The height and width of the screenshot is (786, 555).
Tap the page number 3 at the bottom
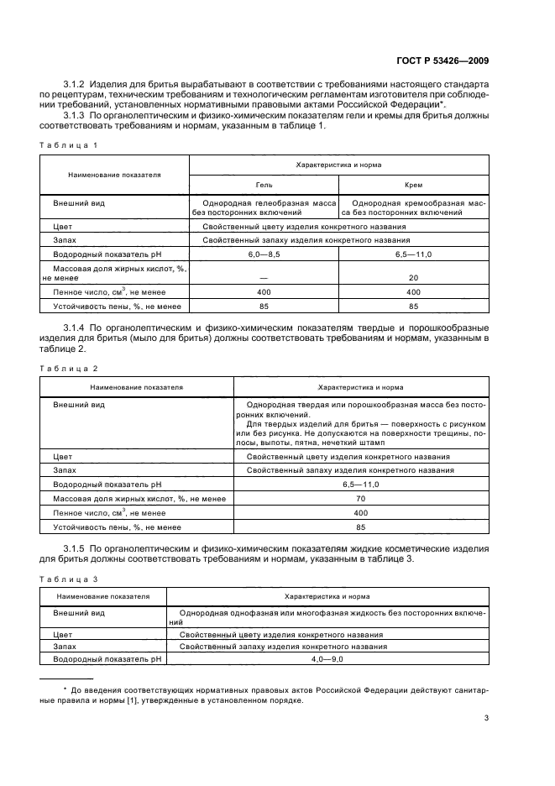(x=487, y=717)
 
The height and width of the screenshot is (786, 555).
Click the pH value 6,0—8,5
(x=264, y=253)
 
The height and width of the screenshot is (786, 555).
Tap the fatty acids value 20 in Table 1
(x=412, y=277)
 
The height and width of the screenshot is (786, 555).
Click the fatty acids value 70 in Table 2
(x=360, y=499)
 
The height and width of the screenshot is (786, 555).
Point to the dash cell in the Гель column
(x=264, y=277)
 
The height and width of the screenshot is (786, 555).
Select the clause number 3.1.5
(x=76, y=548)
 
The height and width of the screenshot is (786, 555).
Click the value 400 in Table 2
(x=360, y=512)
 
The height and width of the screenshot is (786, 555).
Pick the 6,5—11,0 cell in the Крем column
(x=412, y=253)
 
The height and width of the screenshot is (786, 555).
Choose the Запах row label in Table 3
(x=65, y=647)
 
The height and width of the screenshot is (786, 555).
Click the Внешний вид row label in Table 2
(x=79, y=405)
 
